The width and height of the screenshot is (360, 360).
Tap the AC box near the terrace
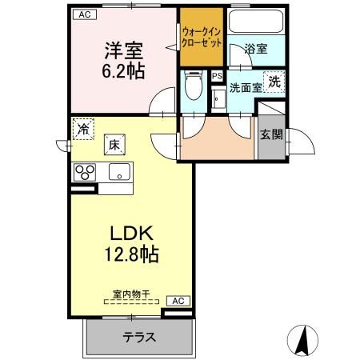click(x=179, y=300)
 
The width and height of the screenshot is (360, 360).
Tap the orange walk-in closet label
click(x=201, y=36)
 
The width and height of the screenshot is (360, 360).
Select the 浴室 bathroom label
click(x=256, y=48)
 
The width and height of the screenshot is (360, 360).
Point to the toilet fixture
click(x=192, y=82)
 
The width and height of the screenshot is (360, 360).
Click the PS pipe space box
click(x=217, y=76)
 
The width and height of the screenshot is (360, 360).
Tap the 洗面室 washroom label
click(x=246, y=88)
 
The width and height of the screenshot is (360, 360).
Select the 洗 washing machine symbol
click(x=274, y=81)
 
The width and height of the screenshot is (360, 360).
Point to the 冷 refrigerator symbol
click(x=82, y=128)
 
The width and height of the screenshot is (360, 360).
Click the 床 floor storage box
click(x=114, y=145)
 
